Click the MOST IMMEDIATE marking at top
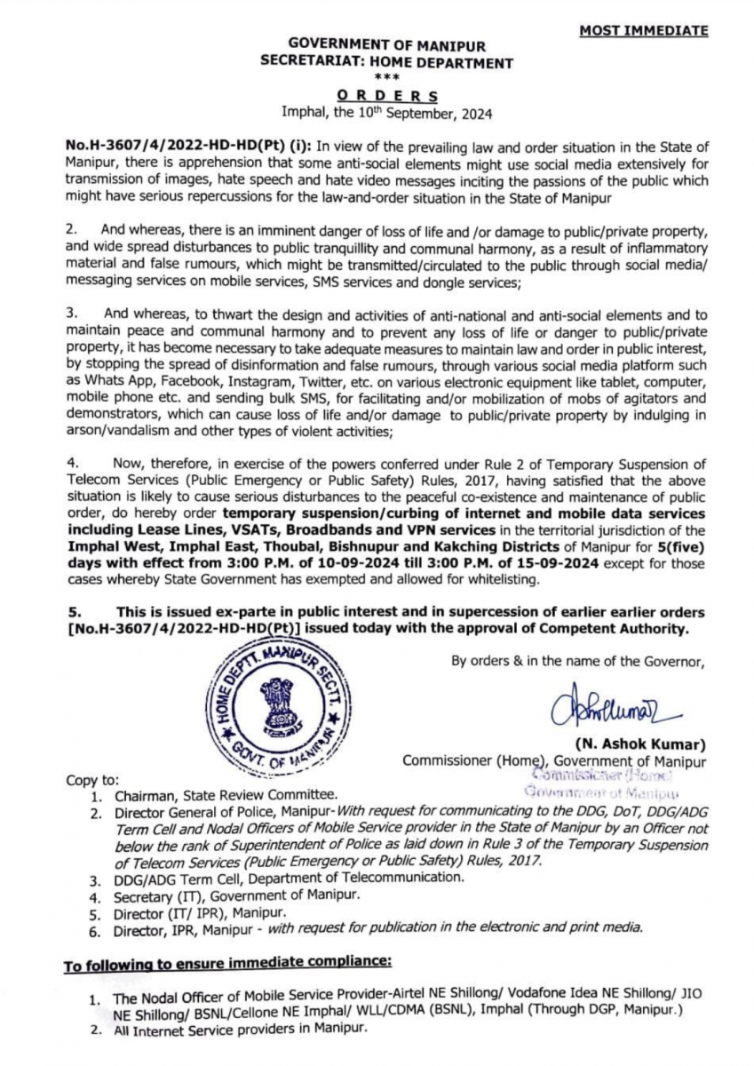pos(644,31)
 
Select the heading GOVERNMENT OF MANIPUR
pos(386,45)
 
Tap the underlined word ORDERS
pos(386,96)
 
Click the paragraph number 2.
pos(72,229)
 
